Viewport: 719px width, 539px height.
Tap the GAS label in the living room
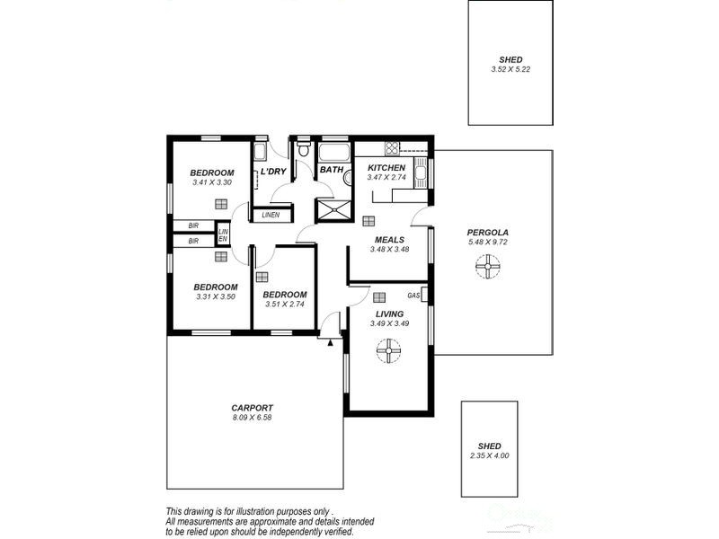tap(413, 296)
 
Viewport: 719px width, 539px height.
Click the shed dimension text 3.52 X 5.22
tap(510, 70)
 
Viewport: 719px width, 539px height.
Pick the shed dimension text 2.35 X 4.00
tap(489, 456)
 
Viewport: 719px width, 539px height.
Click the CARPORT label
tap(252, 407)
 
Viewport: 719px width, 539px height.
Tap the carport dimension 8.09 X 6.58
tap(252, 417)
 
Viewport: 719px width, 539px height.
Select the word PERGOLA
tap(488, 232)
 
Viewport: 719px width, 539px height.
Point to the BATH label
tap(332, 170)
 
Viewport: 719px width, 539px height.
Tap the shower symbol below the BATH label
tap(330, 210)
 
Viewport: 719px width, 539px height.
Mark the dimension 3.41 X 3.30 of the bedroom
tap(212, 183)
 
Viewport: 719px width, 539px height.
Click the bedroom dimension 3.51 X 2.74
tap(285, 305)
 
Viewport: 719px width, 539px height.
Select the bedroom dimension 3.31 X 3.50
tap(216, 296)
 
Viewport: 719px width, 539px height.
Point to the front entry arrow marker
tap(332, 341)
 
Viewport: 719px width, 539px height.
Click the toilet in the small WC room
tap(304, 148)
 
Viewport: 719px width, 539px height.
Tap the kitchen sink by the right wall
tap(420, 170)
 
